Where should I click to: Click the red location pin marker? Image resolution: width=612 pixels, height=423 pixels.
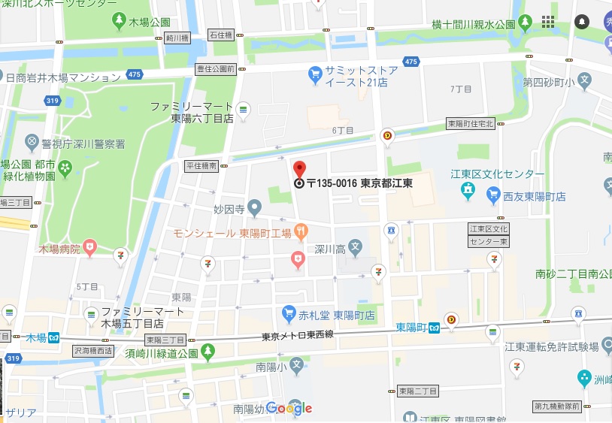pyautogui.click(x=299, y=170)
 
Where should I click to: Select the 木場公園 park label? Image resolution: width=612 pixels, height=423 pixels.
pyautogui.click(x=150, y=22)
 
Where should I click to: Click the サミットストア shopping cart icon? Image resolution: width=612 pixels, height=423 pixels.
pyautogui.click(x=316, y=74)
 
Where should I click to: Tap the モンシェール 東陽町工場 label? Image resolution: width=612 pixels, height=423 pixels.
pyautogui.click(x=232, y=234)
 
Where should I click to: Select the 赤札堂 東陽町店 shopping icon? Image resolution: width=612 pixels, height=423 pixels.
pyautogui.click(x=288, y=313)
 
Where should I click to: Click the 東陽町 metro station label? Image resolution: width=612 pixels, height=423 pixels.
pyautogui.click(x=411, y=328)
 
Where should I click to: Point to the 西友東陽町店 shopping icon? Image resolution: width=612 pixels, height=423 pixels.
pyautogui.click(x=493, y=196)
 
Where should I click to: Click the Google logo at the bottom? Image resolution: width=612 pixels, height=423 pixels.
pyautogui.click(x=289, y=408)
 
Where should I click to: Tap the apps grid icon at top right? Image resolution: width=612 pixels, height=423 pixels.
pyautogui.click(x=549, y=21)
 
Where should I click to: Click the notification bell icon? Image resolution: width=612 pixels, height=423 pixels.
pyautogui.click(x=582, y=21)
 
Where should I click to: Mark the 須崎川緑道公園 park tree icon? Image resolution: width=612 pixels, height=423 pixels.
pyautogui.click(x=208, y=351)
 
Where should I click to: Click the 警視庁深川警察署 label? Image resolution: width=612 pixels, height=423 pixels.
pyautogui.click(x=74, y=144)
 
